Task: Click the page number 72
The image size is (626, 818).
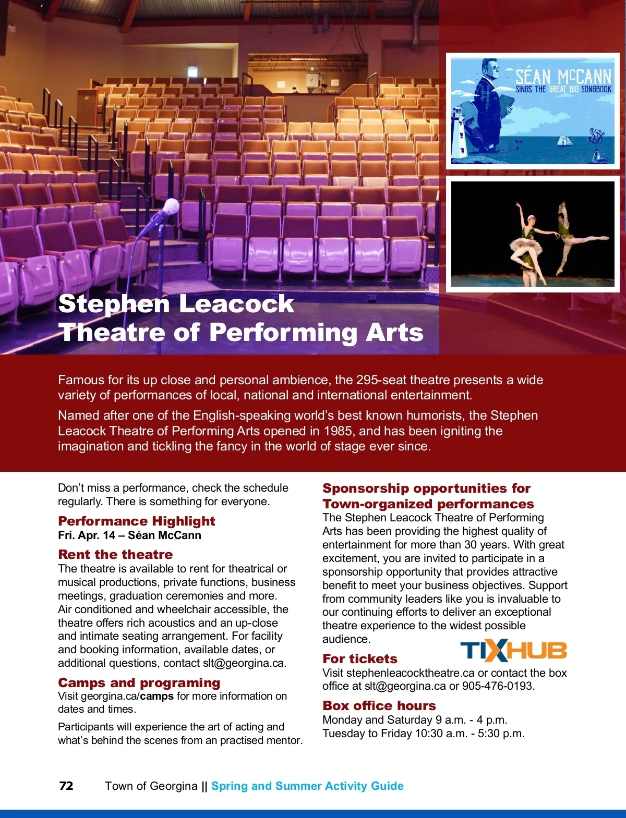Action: pos(66,786)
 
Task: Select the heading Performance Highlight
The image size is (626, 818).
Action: pos(137,521)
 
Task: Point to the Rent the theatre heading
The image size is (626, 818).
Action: pos(115,554)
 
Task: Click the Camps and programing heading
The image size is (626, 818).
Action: pos(139,682)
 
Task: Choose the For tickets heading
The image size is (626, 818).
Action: pos(360,658)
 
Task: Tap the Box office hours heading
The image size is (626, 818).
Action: pos(379,705)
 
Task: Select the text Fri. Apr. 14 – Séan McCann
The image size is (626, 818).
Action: pos(129,535)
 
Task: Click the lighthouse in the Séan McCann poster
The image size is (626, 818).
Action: pos(459,133)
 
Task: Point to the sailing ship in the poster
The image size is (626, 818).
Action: pos(564,140)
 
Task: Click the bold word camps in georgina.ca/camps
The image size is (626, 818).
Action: pos(156,696)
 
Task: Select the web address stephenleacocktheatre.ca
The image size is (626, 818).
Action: pos(411,673)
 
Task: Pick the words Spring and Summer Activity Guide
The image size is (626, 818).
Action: pos(307,786)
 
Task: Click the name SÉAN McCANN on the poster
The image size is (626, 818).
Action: pos(563,77)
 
